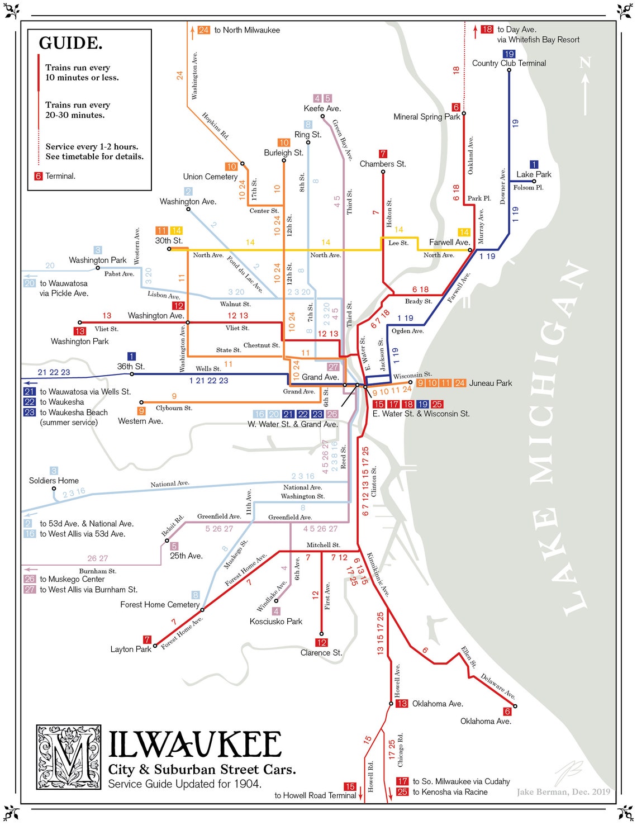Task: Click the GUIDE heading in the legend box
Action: tap(70, 43)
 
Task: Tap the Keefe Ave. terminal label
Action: tap(322, 108)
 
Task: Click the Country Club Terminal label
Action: tap(508, 63)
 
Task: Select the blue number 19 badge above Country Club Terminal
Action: tap(508, 54)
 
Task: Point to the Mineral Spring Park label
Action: tap(426, 117)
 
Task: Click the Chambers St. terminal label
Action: tap(382, 164)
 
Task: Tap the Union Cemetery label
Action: tap(210, 177)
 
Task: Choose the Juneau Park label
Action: tap(490, 383)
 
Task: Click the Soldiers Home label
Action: tap(54, 481)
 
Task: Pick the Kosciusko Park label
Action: tap(275, 622)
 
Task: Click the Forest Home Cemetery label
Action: tap(160, 605)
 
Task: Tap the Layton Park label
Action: tap(131, 649)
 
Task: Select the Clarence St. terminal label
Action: tap(321, 653)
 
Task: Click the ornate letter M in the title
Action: tap(69, 757)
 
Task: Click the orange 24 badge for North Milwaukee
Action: tap(203, 30)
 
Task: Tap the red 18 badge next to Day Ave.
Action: tap(487, 29)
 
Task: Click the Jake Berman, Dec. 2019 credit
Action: tap(563, 791)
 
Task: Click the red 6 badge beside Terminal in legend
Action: tap(38, 176)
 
